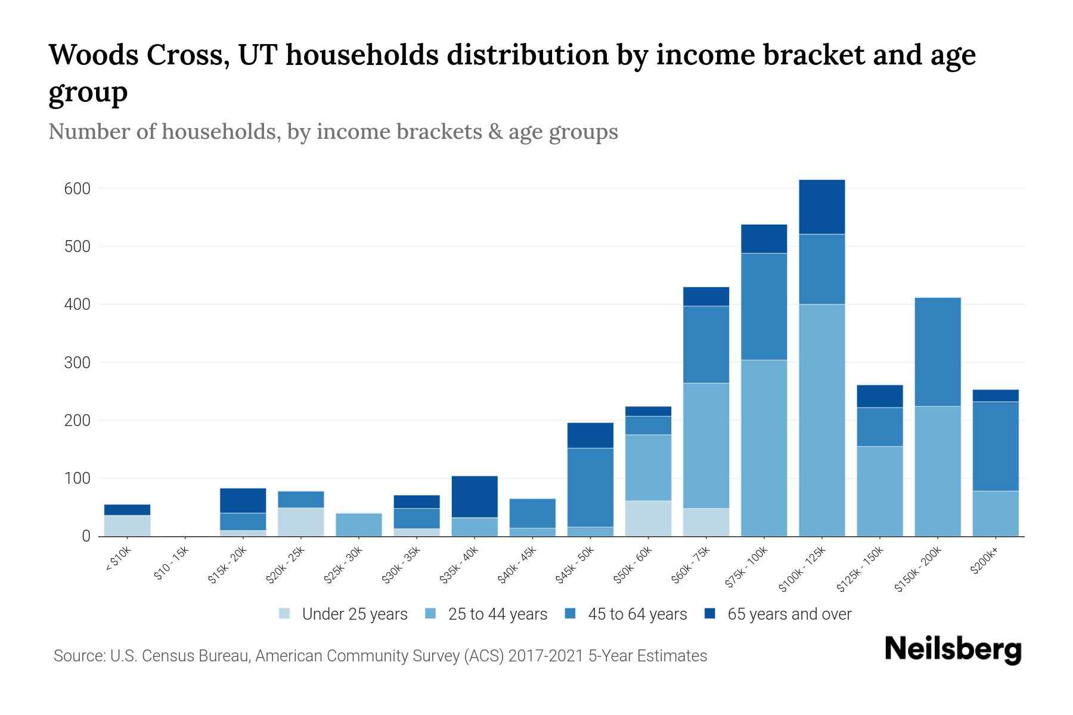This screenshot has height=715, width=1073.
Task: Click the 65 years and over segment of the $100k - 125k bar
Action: pos(821,207)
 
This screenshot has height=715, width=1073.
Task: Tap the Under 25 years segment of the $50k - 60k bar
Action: pos(648,518)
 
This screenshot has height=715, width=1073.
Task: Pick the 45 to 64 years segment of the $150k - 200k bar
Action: pos(938,352)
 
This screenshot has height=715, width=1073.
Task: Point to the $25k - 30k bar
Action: pos(359,524)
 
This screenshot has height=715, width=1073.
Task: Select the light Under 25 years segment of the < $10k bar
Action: pos(127,526)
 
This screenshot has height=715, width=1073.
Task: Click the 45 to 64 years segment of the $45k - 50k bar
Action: pos(590,487)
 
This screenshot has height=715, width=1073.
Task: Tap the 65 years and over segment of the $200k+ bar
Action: pos(996,396)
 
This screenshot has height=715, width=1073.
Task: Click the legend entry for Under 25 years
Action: pos(354,614)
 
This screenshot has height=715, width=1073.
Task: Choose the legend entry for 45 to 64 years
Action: pos(637,614)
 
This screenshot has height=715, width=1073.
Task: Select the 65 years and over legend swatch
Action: pos(711,614)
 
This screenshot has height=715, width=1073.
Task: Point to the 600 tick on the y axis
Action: pos(77,189)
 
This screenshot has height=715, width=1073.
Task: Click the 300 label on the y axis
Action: pos(77,363)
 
